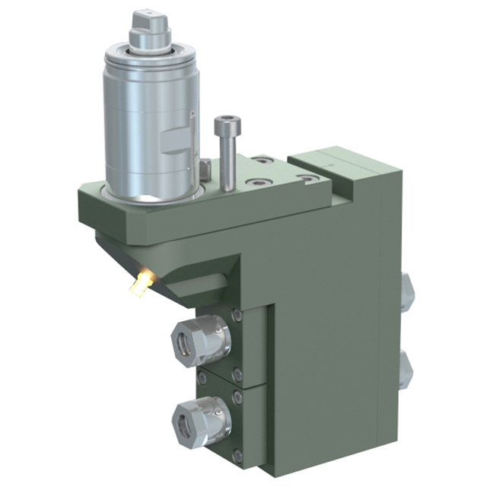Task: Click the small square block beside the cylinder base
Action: (205, 168)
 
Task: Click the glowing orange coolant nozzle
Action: (139, 285)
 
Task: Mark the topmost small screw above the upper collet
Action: (238, 315)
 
